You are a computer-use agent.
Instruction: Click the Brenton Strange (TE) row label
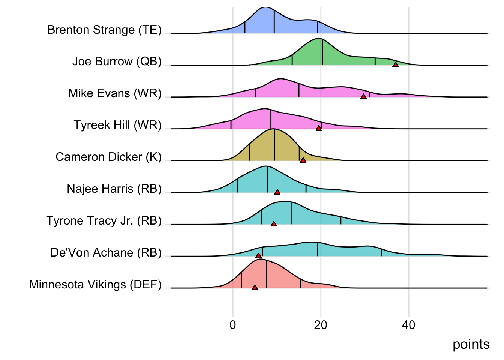pos(104,30)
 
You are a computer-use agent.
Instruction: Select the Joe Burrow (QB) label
pos(117,61)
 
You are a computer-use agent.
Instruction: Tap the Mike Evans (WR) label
pos(115,93)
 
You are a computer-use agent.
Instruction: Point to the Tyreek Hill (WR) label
pos(117,125)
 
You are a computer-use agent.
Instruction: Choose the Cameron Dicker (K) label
pos(108,157)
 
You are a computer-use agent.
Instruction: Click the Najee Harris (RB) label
pos(114,189)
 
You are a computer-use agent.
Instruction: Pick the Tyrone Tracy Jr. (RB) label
pos(104,221)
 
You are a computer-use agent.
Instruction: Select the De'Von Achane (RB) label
pos(106,253)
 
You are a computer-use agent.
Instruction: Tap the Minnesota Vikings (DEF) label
pos(95,285)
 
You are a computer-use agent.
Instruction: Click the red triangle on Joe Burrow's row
pos(395,65)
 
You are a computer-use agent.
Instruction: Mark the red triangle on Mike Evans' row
pos(363,97)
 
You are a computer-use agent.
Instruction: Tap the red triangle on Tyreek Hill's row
pos(319,129)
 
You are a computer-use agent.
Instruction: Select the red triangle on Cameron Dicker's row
pos(303,160)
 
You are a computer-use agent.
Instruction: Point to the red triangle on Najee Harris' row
pos(277,192)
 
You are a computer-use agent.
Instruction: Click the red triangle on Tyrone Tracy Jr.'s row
pos(274,224)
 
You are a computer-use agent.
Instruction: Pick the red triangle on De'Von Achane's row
pos(258,256)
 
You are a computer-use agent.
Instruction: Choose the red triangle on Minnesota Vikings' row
pos(255,288)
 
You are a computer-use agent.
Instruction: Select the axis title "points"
pos(471,344)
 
